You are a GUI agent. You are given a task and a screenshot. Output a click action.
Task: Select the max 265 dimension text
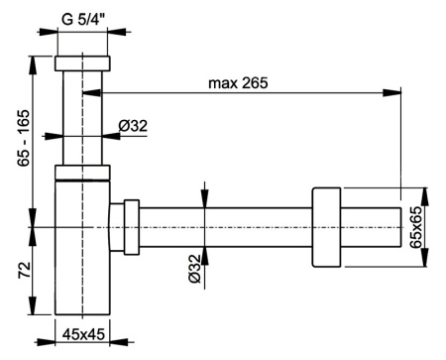pyautogui.click(x=238, y=83)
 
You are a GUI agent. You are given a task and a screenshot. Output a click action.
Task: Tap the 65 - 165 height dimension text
pyautogui.click(x=24, y=138)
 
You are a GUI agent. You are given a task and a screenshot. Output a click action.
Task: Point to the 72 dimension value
pyautogui.click(x=24, y=270)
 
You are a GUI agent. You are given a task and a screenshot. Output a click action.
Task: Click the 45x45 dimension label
pyautogui.click(x=83, y=334)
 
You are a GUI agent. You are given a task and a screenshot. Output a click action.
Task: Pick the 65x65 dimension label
pyautogui.click(x=415, y=227)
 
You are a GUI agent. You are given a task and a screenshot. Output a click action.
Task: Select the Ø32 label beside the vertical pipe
pyautogui.click(x=133, y=126)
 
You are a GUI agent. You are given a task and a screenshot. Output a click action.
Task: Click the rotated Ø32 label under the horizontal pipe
pyautogui.click(x=194, y=269)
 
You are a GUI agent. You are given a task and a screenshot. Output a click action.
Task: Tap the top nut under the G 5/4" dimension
pyautogui.click(x=82, y=63)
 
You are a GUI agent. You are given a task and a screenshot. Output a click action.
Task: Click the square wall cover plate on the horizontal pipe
pyautogui.click(x=326, y=227)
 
